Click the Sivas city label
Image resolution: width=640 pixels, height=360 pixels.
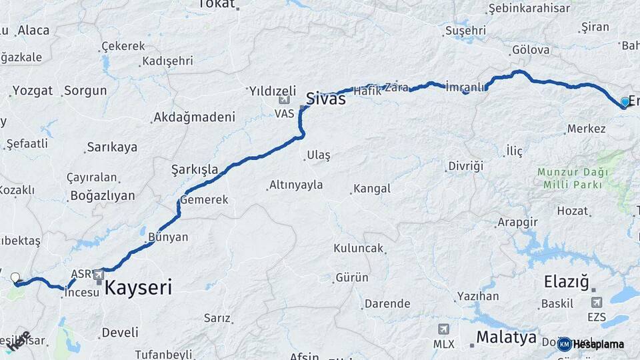pyautogui.click(x=325, y=99)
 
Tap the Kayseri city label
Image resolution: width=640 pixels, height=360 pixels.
pyautogui.click(x=138, y=288)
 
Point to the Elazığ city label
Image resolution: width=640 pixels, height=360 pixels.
pyautogui.click(x=567, y=281)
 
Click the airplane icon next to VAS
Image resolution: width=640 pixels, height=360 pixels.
pyautogui.click(x=285, y=101)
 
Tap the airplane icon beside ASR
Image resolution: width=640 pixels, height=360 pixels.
pyautogui.click(x=99, y=274)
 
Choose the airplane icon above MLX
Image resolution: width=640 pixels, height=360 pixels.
pyautogui.click(x=443, y=329)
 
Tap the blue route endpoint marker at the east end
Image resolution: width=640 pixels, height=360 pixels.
pyautogui.click(x=625, y=101)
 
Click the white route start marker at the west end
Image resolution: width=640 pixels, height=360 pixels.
pyautogui.click(x=15, y=277)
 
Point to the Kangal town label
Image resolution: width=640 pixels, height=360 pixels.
pyautogui.click(x=372, y=189)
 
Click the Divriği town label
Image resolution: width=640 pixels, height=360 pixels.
pyautogui.click(x=465, y=166)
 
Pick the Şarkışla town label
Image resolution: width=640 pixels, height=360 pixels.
pyautogui.click(x=195, y=169)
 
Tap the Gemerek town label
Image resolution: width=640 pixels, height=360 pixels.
pyautogui.click(x=207, y=199)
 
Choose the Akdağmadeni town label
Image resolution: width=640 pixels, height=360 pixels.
pyautogui.click(x=194, y=117)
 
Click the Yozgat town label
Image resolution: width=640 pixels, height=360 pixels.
pyautogui.click(x=32, y=91)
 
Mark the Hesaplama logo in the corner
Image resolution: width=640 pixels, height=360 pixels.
pyautogui.click(x=591, y=344)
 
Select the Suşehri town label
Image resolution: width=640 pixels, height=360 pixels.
pyautogui.click(x=465, y=31)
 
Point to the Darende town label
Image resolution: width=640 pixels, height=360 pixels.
pyautogui.click(x=387, y=303)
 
